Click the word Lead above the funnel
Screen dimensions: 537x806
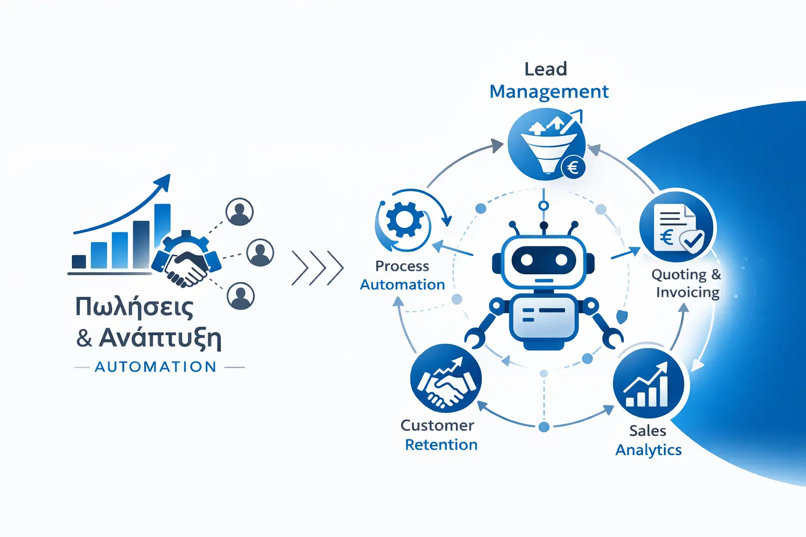(546, 69)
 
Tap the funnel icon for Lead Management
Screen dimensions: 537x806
(546, 144)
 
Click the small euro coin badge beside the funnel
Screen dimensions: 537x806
(573, 168)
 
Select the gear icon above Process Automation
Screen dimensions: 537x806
(405, 220)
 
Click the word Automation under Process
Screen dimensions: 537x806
(402, 285)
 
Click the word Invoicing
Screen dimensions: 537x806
(687, 292)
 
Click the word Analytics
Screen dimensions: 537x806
(649, 450)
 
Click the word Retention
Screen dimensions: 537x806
(441, 445)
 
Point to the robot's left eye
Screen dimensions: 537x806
(526, 259)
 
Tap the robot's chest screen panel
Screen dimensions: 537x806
(544, 316)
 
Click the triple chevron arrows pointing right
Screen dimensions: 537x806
(317, 268)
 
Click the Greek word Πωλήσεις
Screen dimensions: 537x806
(134, 307)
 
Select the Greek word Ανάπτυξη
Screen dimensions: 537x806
(160, 338)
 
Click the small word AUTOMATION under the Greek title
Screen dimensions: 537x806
(156, 367)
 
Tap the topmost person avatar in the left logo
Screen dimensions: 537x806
(240, 212)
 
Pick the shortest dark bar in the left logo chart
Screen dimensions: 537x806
(79, 261)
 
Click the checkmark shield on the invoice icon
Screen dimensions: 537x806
(692, 241)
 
